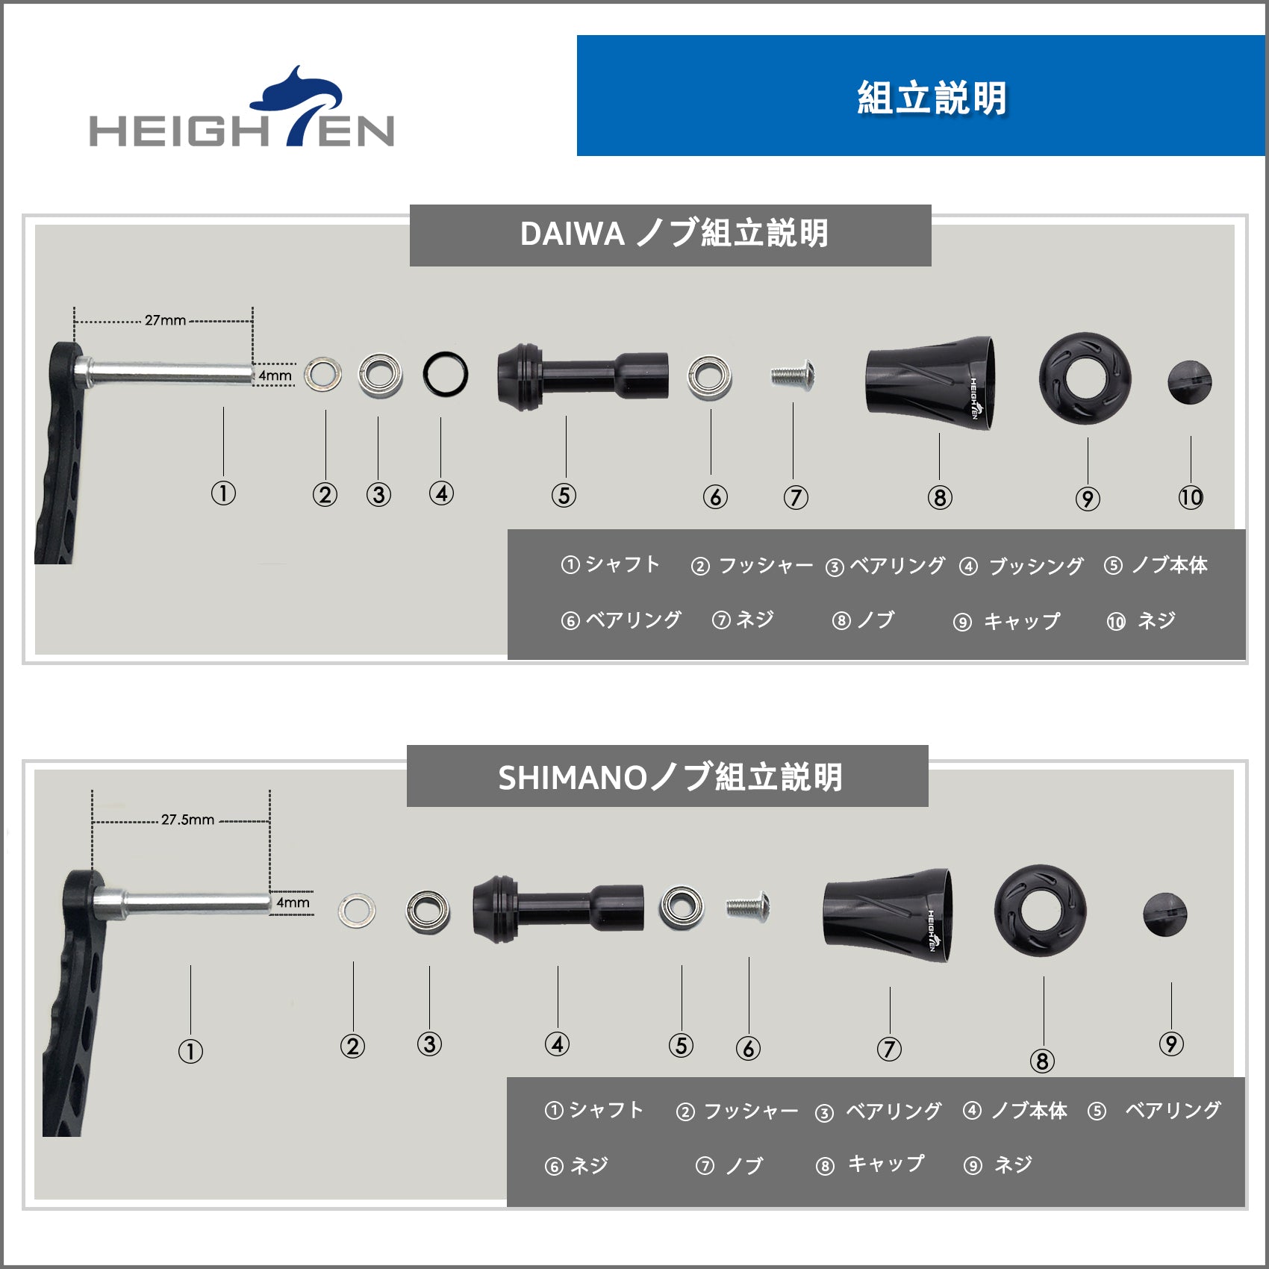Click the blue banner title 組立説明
932,98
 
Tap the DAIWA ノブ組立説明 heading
674,234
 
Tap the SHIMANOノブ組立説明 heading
670,777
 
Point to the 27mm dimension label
165,320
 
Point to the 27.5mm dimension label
187,820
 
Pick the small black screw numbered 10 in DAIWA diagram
1189,382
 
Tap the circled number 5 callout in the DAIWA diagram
564,495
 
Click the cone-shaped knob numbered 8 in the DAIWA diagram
930,382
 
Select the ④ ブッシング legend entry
1021,566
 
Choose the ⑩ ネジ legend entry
1141,620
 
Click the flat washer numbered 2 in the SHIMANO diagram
357,909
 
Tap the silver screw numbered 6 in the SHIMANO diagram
748,906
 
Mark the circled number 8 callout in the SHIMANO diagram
1042,1061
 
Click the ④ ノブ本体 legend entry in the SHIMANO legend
1015,1111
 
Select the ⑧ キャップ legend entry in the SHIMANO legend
870,1164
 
